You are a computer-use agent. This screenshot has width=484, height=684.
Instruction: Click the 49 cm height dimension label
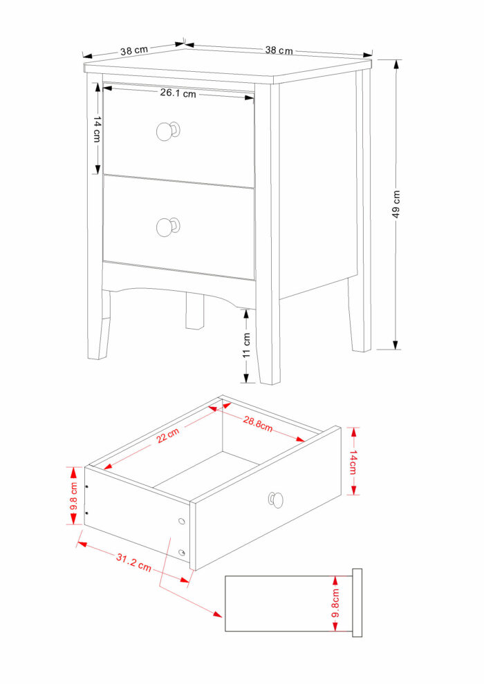395,204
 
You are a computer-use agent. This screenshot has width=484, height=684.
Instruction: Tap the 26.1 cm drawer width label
178,93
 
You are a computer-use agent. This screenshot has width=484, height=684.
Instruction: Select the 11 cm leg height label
247,345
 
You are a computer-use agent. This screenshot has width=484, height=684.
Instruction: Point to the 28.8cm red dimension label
258,424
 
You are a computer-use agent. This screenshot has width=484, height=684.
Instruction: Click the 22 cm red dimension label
168,435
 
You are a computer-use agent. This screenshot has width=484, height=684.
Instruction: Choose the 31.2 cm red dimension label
133,562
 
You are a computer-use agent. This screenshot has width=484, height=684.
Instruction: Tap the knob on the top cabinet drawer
167,131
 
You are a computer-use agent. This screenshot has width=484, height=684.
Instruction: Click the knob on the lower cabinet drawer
167,227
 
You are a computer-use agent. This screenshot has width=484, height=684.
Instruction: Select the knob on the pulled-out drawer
276,500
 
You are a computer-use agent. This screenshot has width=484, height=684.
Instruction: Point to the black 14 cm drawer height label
97,129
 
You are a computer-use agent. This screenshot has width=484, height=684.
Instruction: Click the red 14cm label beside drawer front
353,461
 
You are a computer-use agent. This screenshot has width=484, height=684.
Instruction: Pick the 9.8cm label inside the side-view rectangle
335,603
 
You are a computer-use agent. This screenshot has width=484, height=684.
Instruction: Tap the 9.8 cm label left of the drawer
74,496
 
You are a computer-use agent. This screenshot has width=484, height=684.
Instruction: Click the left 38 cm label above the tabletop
134,50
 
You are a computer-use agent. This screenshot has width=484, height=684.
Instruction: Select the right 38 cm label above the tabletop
279,50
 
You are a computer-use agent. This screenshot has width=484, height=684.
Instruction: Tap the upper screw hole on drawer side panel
182,521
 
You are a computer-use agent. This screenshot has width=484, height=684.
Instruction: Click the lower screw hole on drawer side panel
182,553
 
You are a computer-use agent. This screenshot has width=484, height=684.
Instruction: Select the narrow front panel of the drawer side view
357,603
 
